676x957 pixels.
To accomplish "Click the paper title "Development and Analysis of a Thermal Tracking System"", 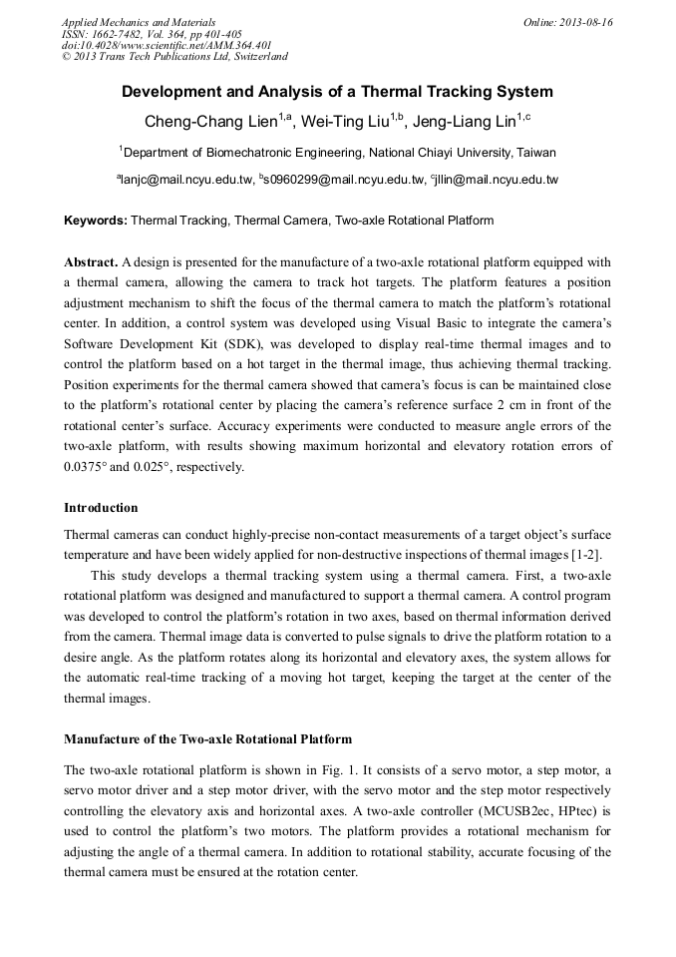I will [337, 92].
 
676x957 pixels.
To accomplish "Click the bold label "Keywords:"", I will [96, 220].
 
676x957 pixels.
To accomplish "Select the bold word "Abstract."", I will [91, 262].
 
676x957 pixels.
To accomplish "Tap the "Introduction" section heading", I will [101, 508].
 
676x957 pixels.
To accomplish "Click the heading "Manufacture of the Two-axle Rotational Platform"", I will [207, 739].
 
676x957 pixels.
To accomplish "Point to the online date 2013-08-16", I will [587, 22].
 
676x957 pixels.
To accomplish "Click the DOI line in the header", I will [167, 46].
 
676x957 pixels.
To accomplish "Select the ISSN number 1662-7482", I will [126, 34].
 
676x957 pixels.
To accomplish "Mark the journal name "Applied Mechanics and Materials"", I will [139, 22].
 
